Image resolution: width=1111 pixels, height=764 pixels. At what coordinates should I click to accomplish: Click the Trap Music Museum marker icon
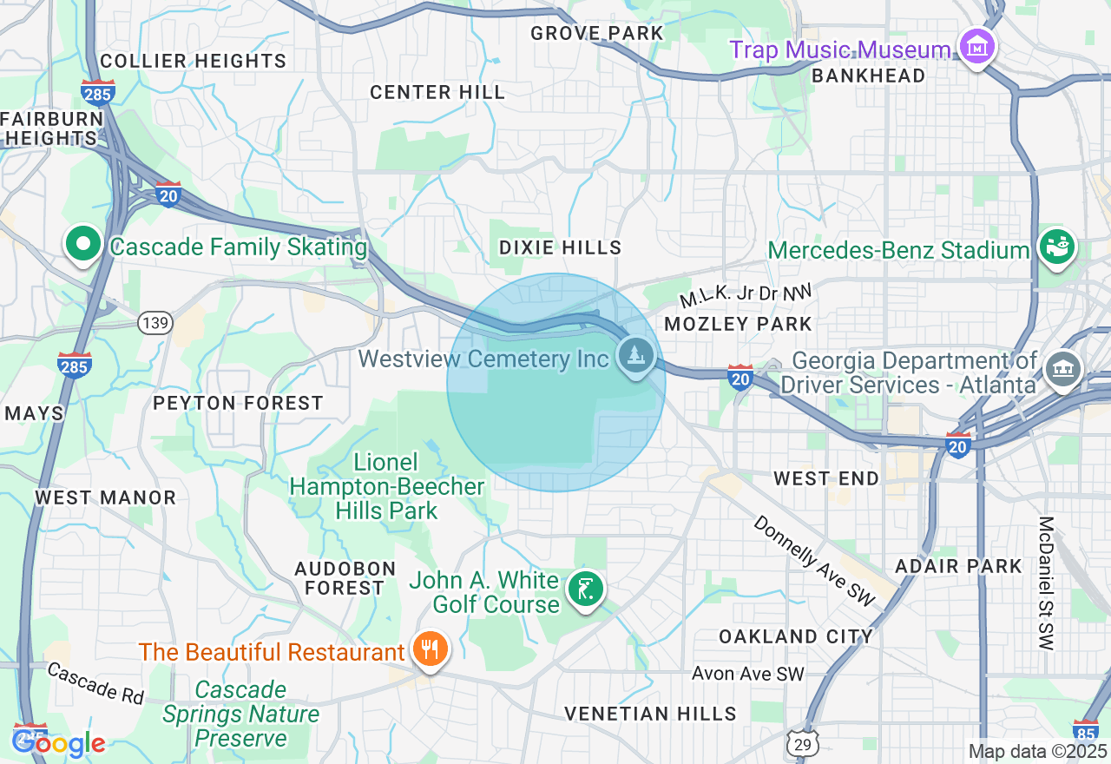coord(977,47)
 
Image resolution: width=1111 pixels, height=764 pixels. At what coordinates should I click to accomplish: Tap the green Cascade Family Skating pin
coord(83,245)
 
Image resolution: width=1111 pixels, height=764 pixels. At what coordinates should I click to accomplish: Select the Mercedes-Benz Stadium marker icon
coord(1057,247)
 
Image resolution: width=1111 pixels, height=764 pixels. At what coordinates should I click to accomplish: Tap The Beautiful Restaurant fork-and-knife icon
coord(429,649)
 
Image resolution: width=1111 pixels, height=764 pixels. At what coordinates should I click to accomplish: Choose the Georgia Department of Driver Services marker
coord(1062,370)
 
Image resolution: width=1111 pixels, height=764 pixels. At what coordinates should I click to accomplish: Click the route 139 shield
coord(156,323)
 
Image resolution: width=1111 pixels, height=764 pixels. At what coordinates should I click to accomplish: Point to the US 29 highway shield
coord(804,744)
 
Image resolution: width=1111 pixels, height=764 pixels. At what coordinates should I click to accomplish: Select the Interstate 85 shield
coord(1086,731)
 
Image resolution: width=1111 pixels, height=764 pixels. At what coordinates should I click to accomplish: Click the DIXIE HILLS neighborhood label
coord(561,247)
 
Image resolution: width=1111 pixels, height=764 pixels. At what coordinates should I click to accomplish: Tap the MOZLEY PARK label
coord(738,324)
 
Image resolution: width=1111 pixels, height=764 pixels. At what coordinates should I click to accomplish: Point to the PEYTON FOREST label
coord(238,403)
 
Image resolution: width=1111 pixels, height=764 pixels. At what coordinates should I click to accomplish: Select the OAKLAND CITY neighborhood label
coord(796,636)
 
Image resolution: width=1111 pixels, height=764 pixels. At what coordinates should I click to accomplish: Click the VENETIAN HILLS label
coord(650,714)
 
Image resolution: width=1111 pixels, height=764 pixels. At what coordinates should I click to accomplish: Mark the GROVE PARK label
coord(596,33)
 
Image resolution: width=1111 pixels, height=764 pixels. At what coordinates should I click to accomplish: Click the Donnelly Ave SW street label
coord(813,560)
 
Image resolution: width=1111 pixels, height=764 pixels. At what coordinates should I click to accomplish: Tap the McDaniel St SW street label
coord(1046,583)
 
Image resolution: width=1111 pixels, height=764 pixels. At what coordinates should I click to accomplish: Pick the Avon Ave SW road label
coord(748,674)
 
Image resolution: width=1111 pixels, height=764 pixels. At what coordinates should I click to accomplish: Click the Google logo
coord(58,743)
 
